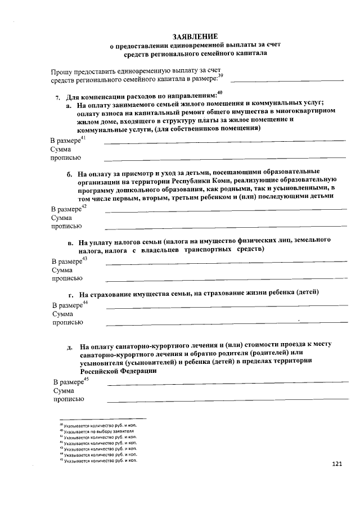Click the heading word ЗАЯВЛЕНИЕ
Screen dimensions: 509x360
(194, 36)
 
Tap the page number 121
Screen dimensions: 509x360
(337, 464)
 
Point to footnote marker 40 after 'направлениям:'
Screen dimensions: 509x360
(220, 93)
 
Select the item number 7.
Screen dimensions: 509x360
(57, 97)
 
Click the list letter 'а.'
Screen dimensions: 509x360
(69, 105)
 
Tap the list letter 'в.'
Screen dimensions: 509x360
(71, 243)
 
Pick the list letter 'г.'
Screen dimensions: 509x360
(71, 294)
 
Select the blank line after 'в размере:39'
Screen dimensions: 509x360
(287, 82)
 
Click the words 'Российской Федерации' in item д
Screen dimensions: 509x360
(117, 371)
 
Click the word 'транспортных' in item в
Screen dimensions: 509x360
(215, 249)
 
